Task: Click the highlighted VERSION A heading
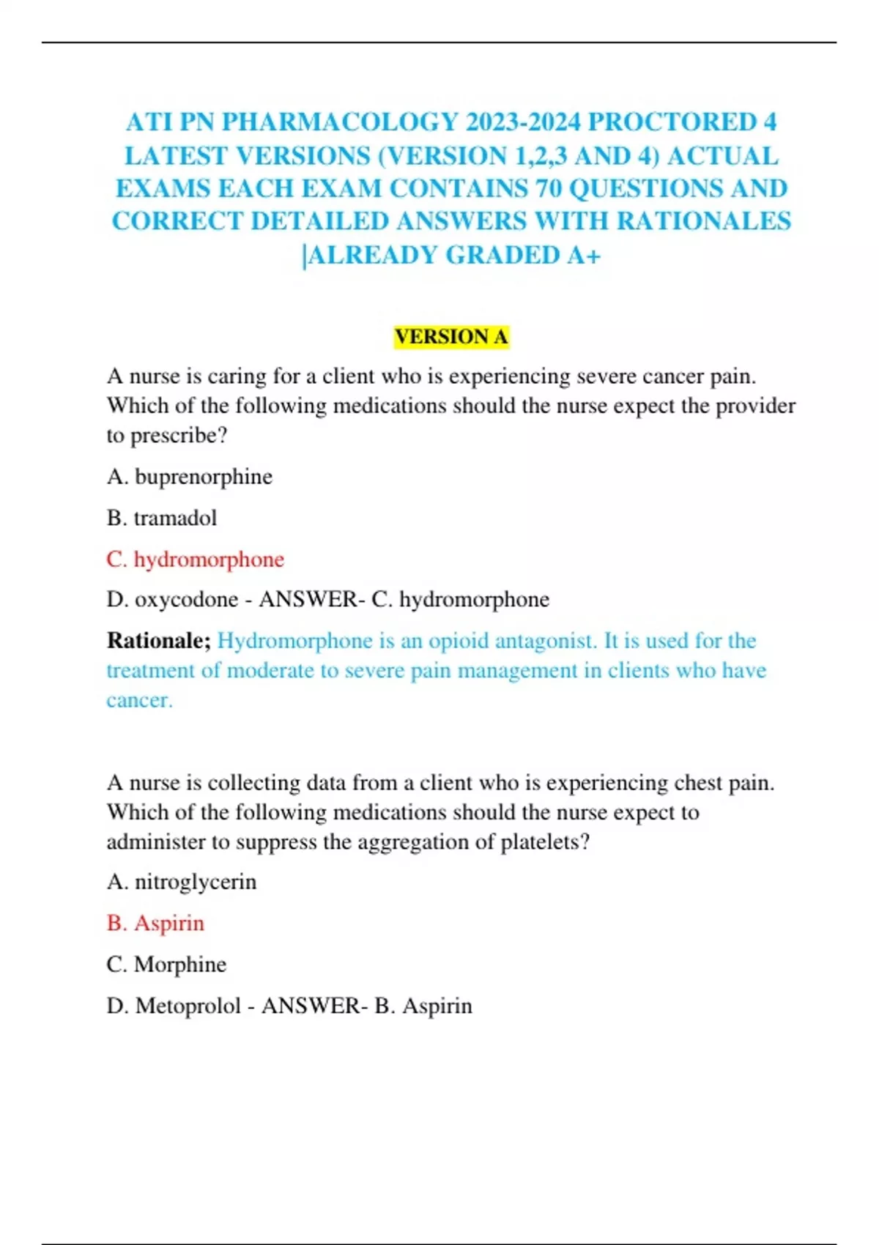451,337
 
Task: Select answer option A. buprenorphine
189,477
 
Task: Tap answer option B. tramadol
161,519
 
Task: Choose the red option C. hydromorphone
195,560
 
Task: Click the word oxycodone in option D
186,600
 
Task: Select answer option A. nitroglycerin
181,882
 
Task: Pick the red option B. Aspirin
155,923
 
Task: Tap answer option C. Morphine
166,965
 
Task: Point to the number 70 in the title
549,189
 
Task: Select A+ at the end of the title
584,256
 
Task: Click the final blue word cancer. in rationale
139,700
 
